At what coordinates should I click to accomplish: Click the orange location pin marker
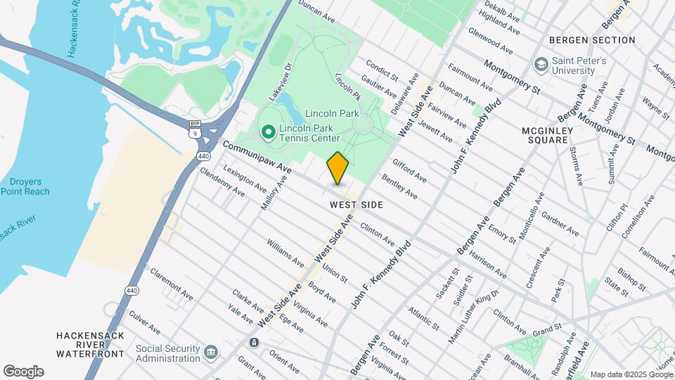(x=337, y=168)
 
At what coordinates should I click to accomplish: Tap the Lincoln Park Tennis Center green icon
(x=268, y=132)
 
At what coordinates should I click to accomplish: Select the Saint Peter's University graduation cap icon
(x=541, y=65)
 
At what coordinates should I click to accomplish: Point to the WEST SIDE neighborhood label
(x=356, y=205)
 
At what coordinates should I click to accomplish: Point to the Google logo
(x=23, y=371)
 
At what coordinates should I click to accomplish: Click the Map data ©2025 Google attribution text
(x=631, y=374)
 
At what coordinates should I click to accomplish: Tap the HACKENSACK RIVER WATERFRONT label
(x=91, y=343)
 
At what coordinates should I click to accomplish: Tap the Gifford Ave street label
(x=409, y=170)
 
